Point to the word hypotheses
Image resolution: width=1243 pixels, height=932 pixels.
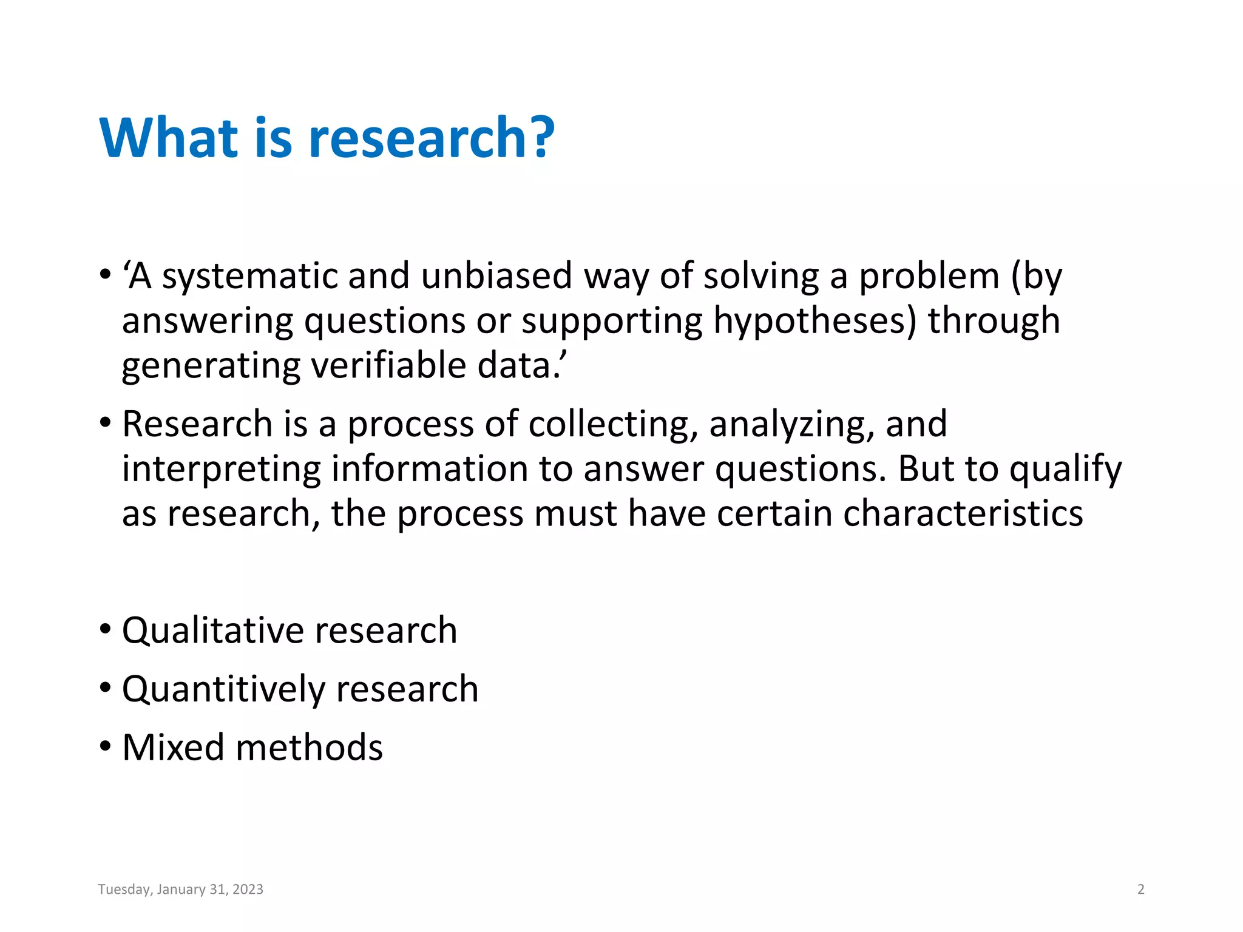(814, 321)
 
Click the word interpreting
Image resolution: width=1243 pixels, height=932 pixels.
(222, 469)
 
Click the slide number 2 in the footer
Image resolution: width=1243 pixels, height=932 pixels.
(1140, 890)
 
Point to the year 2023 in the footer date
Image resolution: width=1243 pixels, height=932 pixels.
(248, 890)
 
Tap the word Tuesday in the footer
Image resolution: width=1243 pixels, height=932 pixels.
(124, 890)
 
